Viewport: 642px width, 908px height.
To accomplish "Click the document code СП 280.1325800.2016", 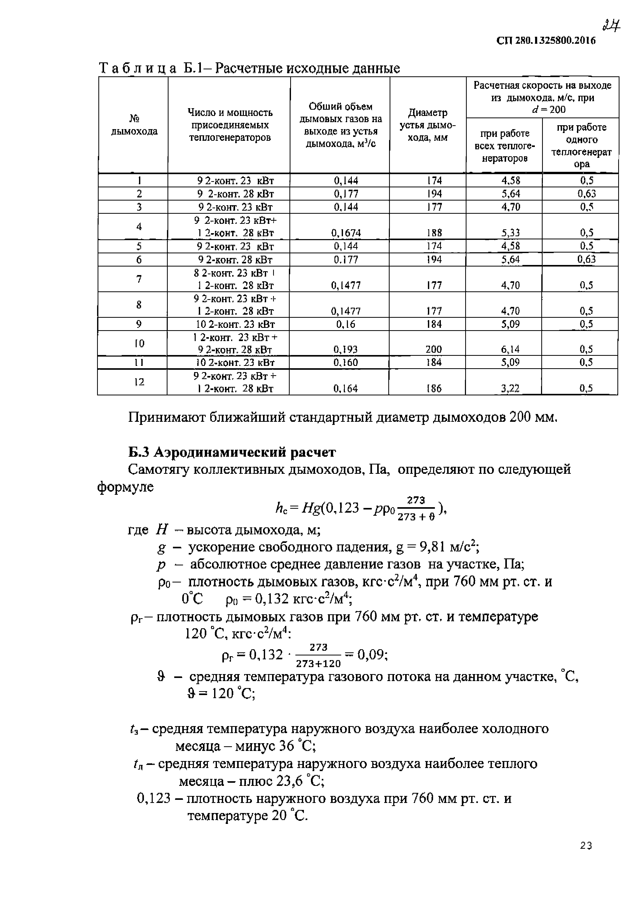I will click(546, 41).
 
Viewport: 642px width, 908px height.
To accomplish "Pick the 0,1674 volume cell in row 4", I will click(346, 233).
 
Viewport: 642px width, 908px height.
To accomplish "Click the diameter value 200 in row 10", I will click(434, 349).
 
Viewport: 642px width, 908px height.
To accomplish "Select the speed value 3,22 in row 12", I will click(510, 388).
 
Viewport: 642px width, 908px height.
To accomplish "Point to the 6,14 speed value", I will click(510, 349).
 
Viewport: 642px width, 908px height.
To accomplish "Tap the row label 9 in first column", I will click(138, 324).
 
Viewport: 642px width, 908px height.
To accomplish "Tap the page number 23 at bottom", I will click(586, 846).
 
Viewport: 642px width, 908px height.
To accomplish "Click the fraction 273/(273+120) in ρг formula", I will click(318, 656).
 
